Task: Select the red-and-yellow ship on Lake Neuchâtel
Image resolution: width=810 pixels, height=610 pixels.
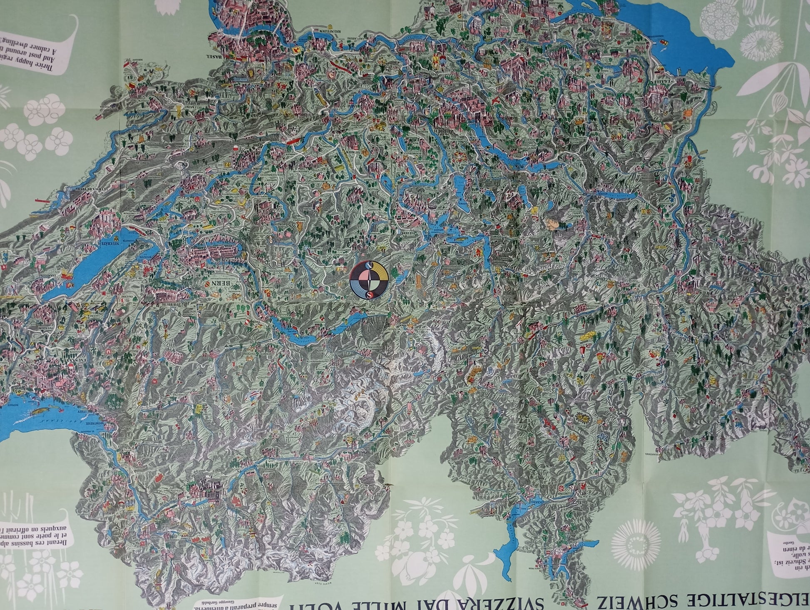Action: click(65, 275)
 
